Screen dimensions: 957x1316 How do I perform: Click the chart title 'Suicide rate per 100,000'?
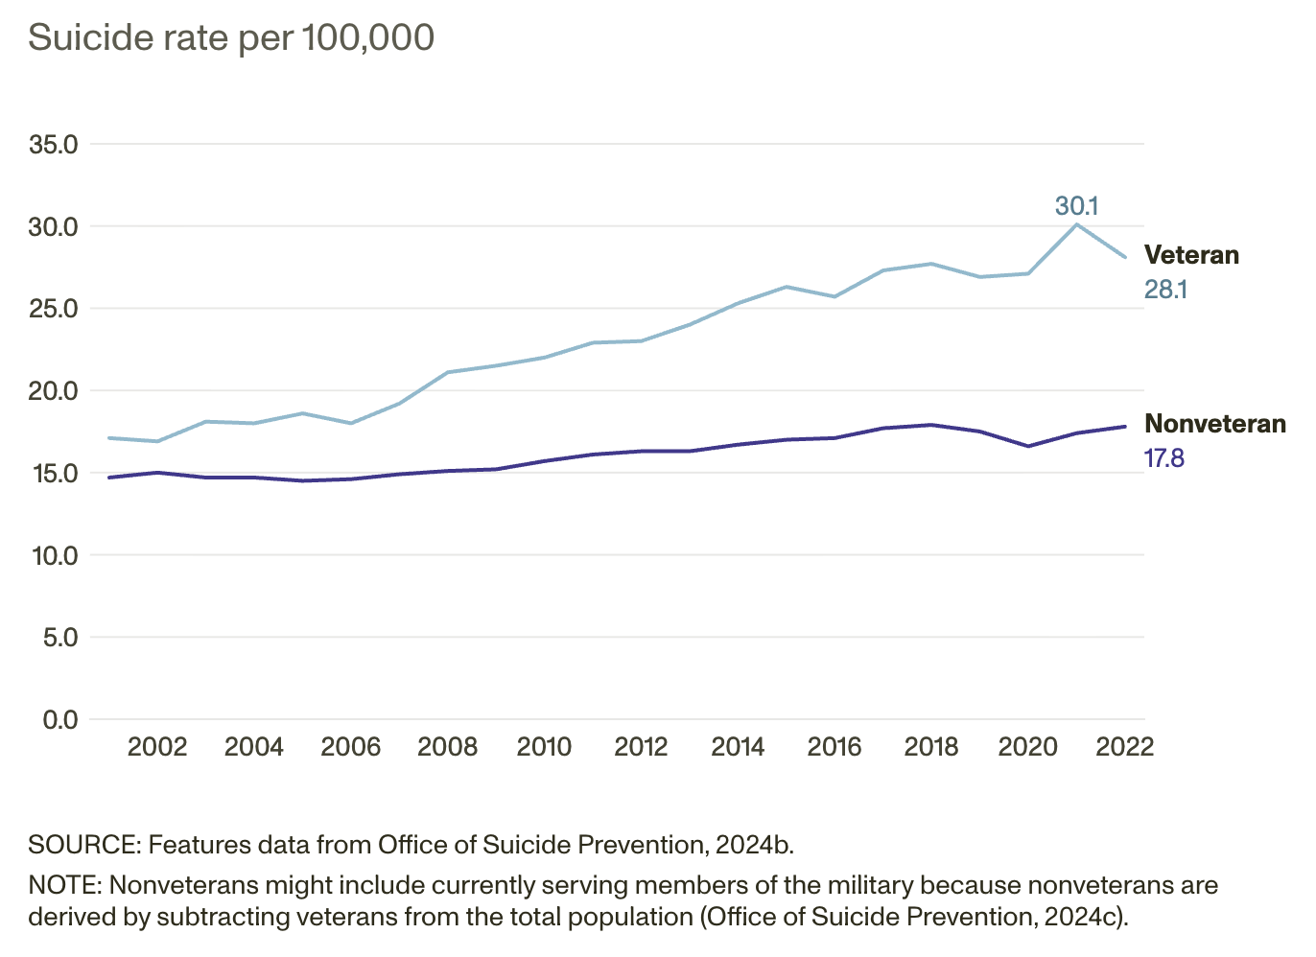[231, 38]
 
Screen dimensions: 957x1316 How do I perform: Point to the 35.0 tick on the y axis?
[54, 145]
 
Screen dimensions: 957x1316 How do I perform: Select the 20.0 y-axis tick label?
[54, 391]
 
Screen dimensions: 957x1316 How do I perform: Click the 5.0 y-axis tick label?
[59, 638]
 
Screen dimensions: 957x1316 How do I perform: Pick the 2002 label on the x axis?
[157, 747]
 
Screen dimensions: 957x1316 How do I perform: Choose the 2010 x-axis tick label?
[544, 747]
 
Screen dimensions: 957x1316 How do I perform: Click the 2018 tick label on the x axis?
[930, 747]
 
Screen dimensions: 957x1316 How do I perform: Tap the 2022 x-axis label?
[1124, 747]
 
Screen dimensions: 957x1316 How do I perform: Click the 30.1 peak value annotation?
[1076, 206]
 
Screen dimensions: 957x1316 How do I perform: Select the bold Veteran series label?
[1191, 255]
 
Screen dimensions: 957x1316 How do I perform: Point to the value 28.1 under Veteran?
[1165, 290]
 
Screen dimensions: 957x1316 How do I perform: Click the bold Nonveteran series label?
[1215, 424]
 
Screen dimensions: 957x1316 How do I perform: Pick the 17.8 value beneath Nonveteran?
[1164, 458]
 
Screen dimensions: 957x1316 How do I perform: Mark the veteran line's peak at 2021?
[1076, 224]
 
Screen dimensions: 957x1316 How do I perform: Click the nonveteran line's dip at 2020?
[1028, 446]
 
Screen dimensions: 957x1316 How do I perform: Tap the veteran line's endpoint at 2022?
[1124, 257]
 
